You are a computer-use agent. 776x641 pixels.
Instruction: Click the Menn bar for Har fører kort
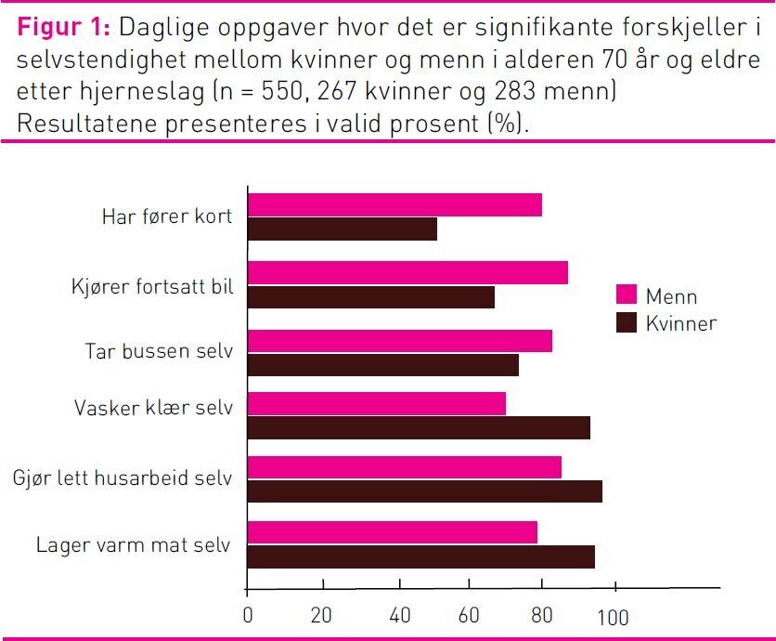(394, 204)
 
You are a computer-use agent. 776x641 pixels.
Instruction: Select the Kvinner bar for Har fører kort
(342, 229)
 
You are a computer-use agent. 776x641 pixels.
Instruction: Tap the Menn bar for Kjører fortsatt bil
(407, 272)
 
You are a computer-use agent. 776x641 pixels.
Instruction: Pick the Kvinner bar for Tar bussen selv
(382, 365)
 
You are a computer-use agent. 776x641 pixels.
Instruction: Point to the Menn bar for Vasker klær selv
(376, 404)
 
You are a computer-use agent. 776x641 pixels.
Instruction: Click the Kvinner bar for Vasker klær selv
(419, 427)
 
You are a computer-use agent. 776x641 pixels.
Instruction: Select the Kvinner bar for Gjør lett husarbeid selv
(424, 491)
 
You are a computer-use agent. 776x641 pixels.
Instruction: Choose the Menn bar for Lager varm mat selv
(392, 532)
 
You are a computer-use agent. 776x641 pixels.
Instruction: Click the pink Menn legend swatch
(627, 294)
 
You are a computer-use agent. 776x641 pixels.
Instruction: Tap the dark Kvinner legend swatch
(627, 322)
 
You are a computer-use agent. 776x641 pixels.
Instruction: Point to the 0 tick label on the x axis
(247, 616)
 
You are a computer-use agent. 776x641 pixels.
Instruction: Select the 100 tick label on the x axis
(613, 617)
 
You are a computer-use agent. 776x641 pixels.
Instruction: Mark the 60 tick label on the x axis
(470, 616)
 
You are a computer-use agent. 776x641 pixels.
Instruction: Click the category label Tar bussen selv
(159, 352)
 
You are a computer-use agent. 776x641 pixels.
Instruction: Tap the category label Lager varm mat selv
(134, 544)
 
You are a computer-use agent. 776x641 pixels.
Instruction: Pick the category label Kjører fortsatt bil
(152, 286)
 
